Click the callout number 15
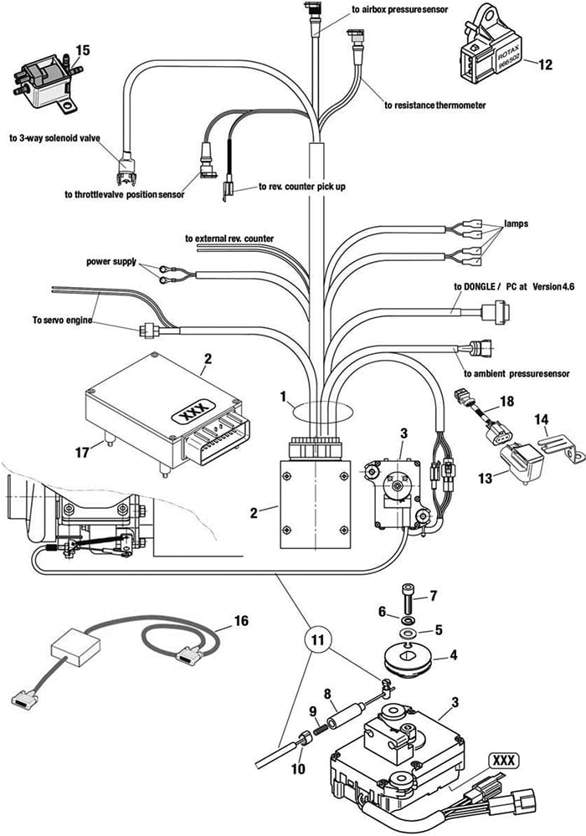[83, 50]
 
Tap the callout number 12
[546, 64]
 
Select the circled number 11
[317, 640]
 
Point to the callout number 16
[242, 621]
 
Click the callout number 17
[81, 453]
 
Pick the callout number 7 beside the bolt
[434, 596]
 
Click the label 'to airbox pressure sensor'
[400, 9]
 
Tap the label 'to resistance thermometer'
[435, 105]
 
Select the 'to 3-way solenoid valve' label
[54, 138]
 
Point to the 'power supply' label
[111, 262]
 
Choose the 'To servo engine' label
[62, 321]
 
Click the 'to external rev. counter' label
[229, 238]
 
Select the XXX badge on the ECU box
[193, 412]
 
